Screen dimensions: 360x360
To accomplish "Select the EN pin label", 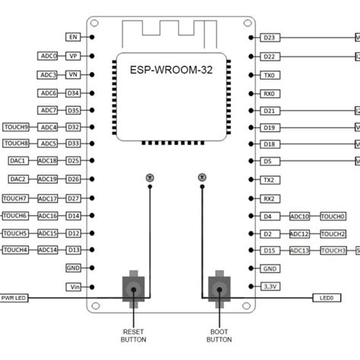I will click(73, 36).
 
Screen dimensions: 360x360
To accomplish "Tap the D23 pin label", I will click(268, 36).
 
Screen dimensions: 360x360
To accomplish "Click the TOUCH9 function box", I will click(17, 127).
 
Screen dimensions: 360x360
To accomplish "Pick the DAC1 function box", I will click(18, 161).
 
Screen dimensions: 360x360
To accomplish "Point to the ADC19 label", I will click(48, 179).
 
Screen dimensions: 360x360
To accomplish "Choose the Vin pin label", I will click(73, 286).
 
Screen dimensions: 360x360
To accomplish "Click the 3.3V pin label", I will click(269, 286).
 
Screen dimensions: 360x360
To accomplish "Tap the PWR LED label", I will click(14, 298).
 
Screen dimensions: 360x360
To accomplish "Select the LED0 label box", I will click(327, 298).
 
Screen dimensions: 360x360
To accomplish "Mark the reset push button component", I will click(134, 289).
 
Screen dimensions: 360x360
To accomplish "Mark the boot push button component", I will click(219, 289).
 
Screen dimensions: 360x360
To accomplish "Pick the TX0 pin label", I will click(268, 75).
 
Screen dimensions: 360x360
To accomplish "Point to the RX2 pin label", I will click(268, 198).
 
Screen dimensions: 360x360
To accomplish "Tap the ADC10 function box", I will click(299, 216).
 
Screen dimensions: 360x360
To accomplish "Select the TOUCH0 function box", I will click(333, 216).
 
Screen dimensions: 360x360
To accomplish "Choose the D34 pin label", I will click(73, 93).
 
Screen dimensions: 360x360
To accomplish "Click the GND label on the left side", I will click(73, 268).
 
